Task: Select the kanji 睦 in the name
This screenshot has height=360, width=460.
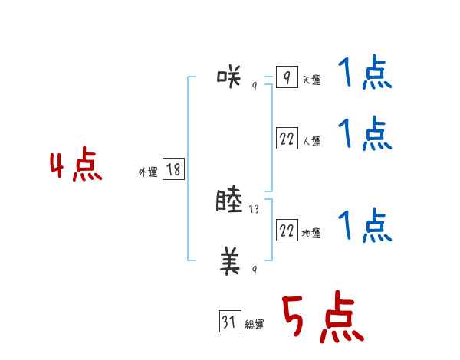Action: click(231, 201)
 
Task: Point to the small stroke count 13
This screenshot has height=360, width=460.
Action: click(255, 208)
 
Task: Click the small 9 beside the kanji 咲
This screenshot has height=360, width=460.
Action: click(255, 86)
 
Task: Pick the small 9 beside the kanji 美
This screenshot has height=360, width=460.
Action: click(255, 270)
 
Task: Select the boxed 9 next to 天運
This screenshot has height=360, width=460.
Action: click(287, 78)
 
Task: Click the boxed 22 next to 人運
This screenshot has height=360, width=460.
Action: click(287, 139)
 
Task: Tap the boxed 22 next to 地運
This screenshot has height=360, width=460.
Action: click(287, 231)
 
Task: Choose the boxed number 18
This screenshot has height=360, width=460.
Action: click(173, 170)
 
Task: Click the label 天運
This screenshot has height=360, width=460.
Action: click(311, 80)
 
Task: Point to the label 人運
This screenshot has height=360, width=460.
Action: click(311, 142)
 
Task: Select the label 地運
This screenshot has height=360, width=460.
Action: click(311, 234)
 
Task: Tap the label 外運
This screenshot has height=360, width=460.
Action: click(148, 173)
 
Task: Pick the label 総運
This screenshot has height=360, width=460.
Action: click(255, 325)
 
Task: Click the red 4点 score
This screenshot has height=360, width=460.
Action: click(76, 167)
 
